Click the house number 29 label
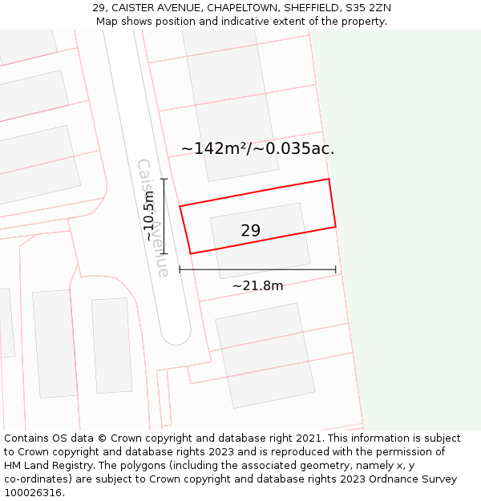[250, 231]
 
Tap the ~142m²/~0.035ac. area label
[257, 148]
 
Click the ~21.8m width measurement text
[257, 285]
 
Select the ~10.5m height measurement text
[149, 217]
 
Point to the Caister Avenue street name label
[152, 217]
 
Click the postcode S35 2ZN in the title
[366, 8]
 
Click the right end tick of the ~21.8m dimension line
[335, 269]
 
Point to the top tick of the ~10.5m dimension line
[164, 179]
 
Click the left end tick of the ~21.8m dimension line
[180, 269]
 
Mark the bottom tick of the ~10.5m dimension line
[164, 254]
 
